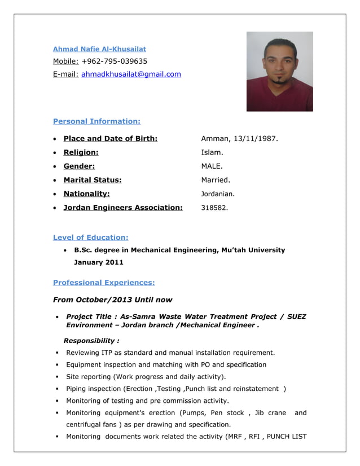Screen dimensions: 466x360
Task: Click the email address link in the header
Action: pyautogui.click(x=131, y=74)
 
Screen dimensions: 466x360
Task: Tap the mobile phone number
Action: pyautogui.click(x=115, y=61)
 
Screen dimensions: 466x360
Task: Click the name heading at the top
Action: pyautogui.click(x=99, y=49)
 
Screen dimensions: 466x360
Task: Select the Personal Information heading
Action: pyautogui.click(x=96, y=121)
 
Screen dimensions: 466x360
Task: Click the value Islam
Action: pyautogui.click(x=212, y=152)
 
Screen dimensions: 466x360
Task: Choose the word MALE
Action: pyautogui.click(x=212, y=166)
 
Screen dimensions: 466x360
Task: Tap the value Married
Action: pyautogui.click(x=216, y=180)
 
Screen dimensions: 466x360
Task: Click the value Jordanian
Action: pyautogui.click(x=218, y=194)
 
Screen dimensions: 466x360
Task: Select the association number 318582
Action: pyautogui.click(x=214, y=208)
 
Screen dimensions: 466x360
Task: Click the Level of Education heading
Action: pyautogui.click(x=90, y=238)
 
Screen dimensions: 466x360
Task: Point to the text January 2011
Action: pyautogui.click(x=99, y=262)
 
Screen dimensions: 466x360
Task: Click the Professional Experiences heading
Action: pyautogui.click(x=103, y=282)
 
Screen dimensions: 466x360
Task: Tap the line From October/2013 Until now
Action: pyautogui.click(x=112, y=300)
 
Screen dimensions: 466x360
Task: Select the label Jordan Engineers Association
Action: pyautogui.click(x=123, y=208)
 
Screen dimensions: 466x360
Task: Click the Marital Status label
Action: pyautogui.click(x=93, y=180)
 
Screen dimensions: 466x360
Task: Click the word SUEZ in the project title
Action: pyautogui.click(x=296, y=316)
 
